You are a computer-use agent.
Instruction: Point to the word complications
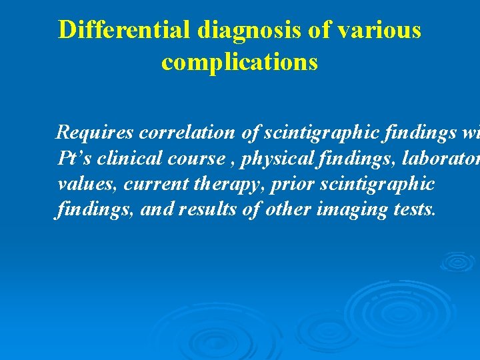tap(239, 62)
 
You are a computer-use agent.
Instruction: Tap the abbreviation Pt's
tap(74, 159)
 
